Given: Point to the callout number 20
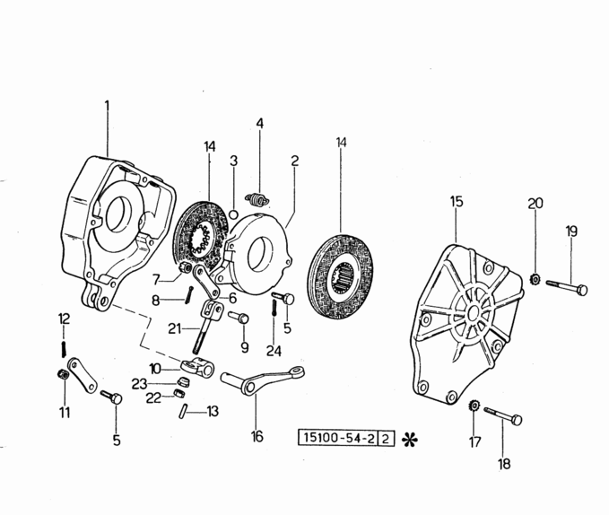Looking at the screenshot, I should (x=535, y=204).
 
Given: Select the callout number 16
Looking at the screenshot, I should (x=257, y=437).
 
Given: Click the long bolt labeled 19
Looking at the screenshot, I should (x=564, y=287).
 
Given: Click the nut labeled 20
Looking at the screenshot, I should (x=534, y=278).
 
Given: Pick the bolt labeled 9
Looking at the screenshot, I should (x=240, y=318).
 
